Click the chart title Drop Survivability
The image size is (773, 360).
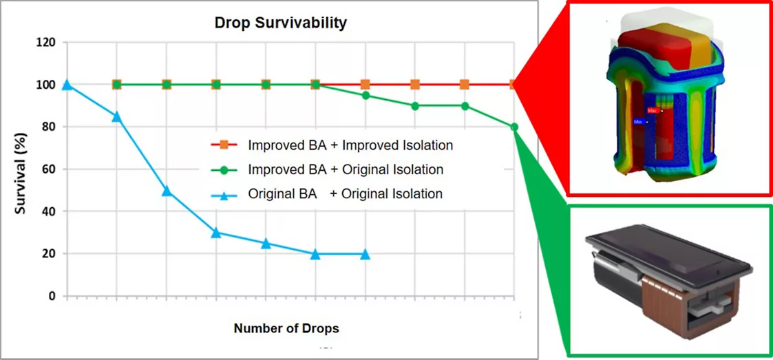click(x=280, y=23)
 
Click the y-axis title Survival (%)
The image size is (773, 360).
click(x=21, y=169)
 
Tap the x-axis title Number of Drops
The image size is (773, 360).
click(x=286, y=328)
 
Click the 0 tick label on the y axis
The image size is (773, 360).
click(x=51, y=296)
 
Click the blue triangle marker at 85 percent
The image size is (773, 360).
click(x=117, y=116)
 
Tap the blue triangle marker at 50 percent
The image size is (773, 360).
click(x=167, y=191)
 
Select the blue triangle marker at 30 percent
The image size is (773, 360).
click(x=216, y=233)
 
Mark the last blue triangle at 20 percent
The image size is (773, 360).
click(x=366, y=254)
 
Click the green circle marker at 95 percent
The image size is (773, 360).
click(x=366, y=95)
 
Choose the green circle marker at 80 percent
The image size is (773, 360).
click(x=514, y=127)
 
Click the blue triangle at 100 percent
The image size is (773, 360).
click(x=67, y=85)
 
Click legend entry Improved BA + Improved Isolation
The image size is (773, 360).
click(x=350, y=145)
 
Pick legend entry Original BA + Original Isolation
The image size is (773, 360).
click(x=345, y=193)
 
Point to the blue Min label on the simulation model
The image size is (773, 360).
click(x=638, y=122)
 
